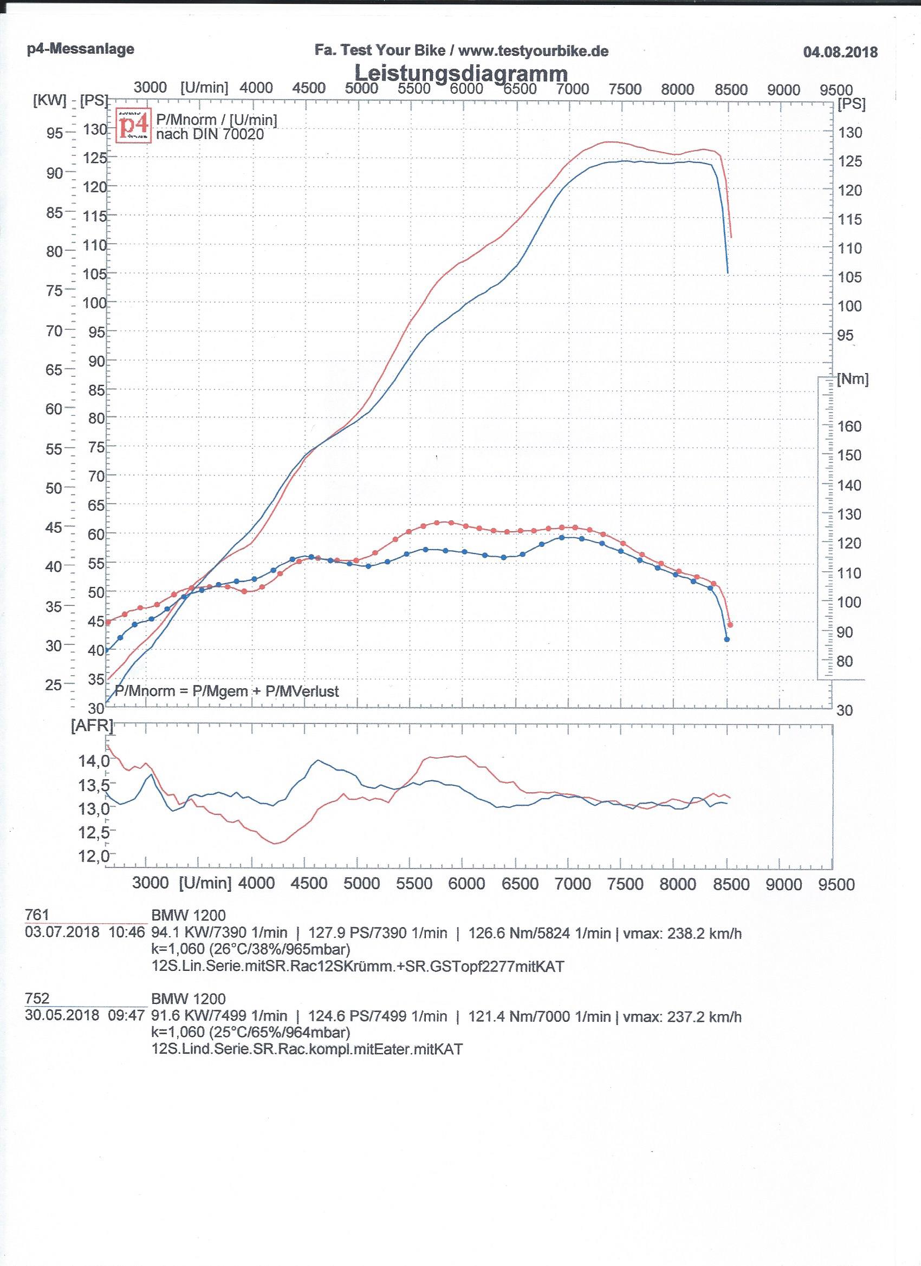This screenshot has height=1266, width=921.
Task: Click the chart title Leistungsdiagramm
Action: (461, 73)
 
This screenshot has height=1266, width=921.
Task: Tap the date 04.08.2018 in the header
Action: (840, 53)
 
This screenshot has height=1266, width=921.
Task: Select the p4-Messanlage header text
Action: (80, 49)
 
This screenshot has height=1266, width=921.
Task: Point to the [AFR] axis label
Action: (92, 725)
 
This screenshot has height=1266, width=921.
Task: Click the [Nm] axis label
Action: (852, 379)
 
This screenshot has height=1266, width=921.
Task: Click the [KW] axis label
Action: (49, 101)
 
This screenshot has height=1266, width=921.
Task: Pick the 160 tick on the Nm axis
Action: (849, 427)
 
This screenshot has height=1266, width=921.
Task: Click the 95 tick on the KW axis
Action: (55, 133)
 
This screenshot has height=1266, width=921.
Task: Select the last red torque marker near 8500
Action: (730, 625)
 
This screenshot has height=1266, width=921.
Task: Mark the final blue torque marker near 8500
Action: (727, 639)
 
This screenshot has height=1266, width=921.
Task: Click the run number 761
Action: (37, 915)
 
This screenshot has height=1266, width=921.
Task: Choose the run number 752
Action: (37, 998)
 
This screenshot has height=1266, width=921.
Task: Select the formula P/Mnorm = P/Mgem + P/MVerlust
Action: (226, 691)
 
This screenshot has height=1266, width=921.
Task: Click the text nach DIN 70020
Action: (210, 134)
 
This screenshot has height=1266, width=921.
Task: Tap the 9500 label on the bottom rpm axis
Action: (836, 884)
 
